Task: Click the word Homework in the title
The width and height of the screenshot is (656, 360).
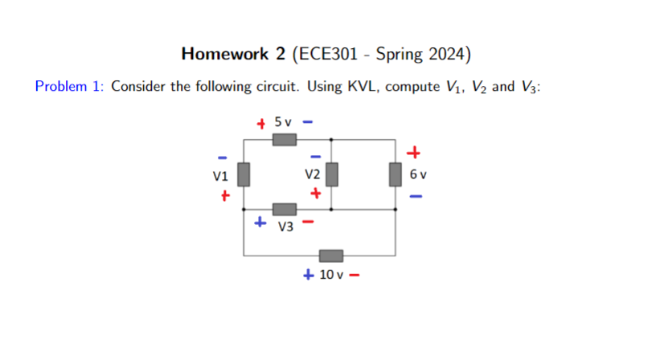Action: [x=222, y=55]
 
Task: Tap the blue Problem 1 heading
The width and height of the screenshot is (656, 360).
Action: [x=70, y=87]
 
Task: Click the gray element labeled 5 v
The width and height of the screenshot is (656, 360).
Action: [x=283, y=140]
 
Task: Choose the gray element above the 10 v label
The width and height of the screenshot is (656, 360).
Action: [x=331, y=256]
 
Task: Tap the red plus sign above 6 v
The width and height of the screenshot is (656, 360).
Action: [x=414, y=151]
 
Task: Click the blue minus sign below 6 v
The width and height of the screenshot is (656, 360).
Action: [x=414, y=195]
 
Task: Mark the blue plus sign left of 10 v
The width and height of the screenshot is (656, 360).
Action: [x=309, y=275]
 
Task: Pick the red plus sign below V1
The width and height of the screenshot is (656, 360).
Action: [x=226, y=194]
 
